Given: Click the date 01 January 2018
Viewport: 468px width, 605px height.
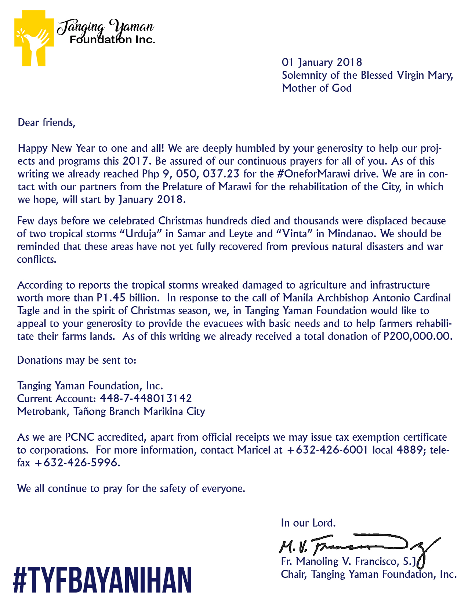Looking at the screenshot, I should (322, 62).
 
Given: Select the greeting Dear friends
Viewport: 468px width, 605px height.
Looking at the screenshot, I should (46, 122).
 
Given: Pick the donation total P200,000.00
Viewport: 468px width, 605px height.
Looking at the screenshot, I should (417, 336).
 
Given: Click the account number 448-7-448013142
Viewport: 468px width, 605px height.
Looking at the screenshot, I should (146, 399).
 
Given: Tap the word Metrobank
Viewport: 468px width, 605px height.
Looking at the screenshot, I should (42, 411).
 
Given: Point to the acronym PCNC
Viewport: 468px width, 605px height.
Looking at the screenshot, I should (80, 437).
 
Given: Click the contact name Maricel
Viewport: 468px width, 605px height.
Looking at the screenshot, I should (254, 450).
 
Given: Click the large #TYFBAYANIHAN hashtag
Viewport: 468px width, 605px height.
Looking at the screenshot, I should (102, 580).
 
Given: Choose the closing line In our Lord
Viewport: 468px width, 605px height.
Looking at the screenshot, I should (308, 523).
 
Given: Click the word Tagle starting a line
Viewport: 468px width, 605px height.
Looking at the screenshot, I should (28, 311).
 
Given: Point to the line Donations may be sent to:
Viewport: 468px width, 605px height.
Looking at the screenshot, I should (77, 360).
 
